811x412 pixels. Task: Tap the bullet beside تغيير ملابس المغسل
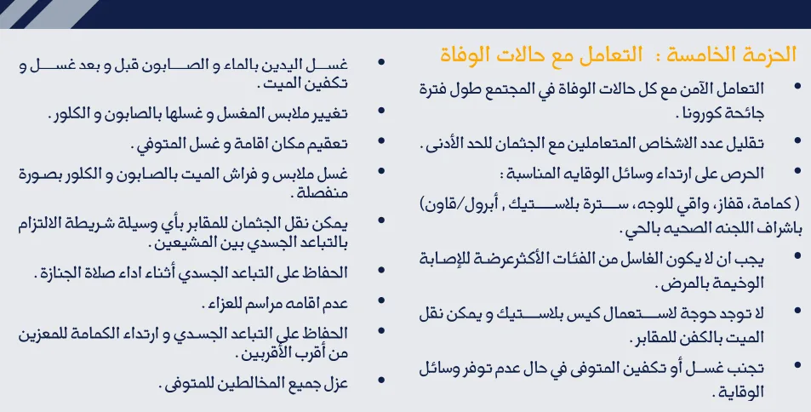tap(382, 111)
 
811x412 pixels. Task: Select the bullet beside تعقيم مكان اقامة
tap(382, 140)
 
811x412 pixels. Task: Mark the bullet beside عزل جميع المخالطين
tap(382, 381)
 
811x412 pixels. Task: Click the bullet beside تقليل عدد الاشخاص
tap(797, 140)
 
